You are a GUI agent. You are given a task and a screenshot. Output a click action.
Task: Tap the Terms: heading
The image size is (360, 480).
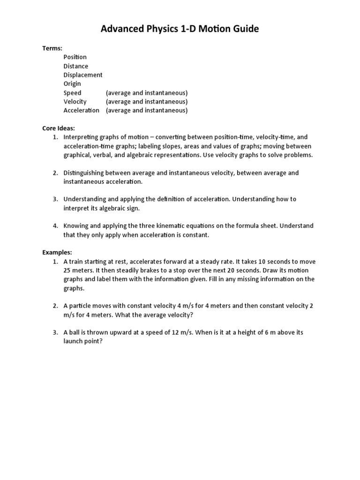pos(52,48)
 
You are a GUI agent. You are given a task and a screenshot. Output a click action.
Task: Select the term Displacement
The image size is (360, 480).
pos(83,75)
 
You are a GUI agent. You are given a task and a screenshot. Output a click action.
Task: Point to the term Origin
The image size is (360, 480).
pos(72,84)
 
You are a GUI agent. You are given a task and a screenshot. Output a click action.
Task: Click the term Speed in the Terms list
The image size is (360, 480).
pos(72,93)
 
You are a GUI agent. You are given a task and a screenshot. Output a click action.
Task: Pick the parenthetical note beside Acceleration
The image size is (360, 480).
pos(147,111)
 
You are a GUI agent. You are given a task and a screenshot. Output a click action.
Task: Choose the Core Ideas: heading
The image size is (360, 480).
pos(59,128)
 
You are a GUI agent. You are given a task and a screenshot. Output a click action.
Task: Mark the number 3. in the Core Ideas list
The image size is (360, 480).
pos(55,199)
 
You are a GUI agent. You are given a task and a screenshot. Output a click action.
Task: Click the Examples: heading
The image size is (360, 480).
pos(57,252)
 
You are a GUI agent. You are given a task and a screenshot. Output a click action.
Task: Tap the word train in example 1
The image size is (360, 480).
pos(78,261)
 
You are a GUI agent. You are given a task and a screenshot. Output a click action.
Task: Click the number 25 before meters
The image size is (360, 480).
pos(67,270)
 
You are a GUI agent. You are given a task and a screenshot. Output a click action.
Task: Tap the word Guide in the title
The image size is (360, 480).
pos(245,30)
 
